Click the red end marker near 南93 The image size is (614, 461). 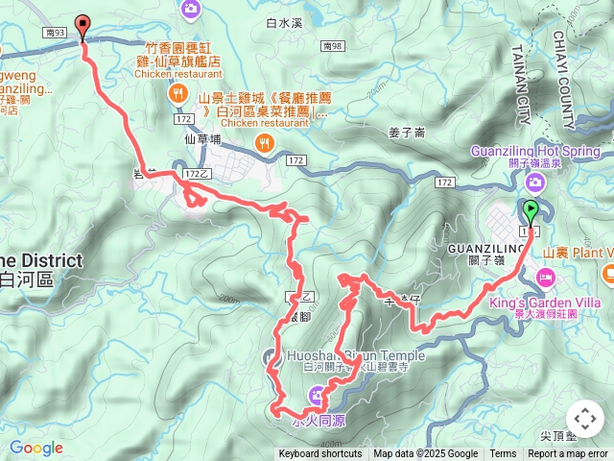[82, 26]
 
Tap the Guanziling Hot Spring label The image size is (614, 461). [535, 151]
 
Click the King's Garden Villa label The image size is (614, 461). [572, 301]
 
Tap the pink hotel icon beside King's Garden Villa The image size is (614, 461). [546, 279]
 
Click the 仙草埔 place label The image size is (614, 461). [202, 139]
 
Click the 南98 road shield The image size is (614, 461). [333, 45]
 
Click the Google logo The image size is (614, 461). [35, 448]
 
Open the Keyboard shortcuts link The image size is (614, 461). [320, 454]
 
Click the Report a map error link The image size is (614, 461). [568, 454]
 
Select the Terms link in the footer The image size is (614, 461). [503, 454]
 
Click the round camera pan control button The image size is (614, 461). [585, 419]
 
